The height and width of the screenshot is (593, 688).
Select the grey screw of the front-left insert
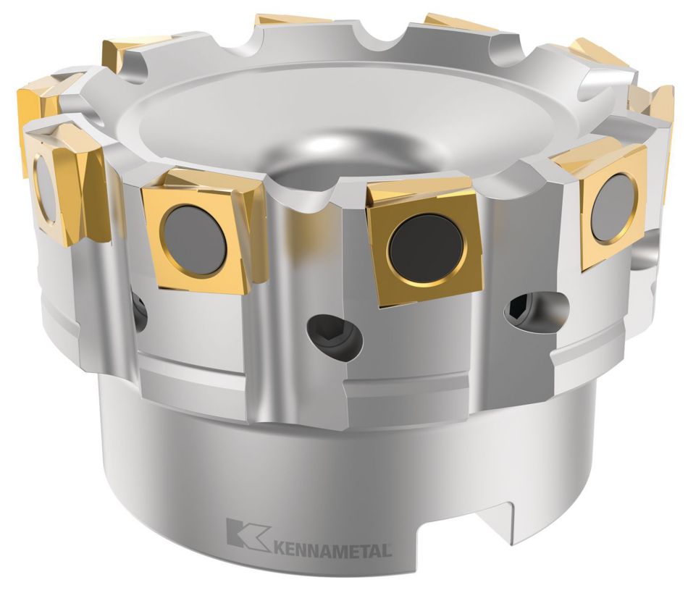[194, 240]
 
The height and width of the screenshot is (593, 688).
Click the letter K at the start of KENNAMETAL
[278, 548]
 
